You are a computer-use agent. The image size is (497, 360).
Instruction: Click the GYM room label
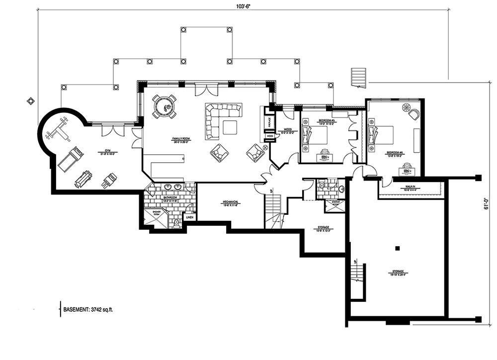[104, 151]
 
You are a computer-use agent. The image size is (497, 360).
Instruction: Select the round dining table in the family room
[164, 106]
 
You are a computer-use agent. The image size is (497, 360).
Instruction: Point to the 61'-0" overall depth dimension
[488, 205]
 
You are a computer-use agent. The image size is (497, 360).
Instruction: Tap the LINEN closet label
[189, 217]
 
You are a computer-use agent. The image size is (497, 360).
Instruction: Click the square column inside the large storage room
[397, 248]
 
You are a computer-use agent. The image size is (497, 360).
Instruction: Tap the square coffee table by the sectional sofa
[230, 127]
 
